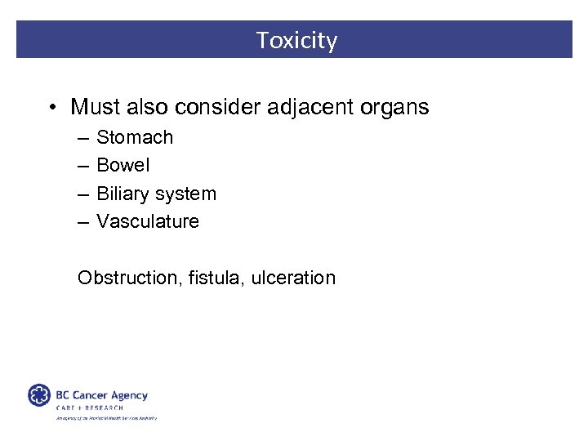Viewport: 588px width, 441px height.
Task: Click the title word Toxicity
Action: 296,40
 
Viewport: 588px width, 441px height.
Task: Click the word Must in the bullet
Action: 94,107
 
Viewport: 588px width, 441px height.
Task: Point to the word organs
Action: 394,107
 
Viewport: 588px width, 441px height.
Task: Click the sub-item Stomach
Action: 135,137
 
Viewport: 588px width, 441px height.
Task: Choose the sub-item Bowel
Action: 123,165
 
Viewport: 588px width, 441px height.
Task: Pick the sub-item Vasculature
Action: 148,221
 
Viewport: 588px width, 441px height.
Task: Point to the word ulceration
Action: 293,278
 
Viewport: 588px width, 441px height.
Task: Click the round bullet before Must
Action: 52,108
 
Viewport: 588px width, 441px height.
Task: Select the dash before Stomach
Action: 82,138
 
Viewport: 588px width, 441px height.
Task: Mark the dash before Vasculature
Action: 82,222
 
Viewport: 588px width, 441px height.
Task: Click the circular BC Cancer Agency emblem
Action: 39,395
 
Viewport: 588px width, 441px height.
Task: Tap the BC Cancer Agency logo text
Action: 101,395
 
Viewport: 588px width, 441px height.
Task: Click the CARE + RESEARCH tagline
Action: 90,408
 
